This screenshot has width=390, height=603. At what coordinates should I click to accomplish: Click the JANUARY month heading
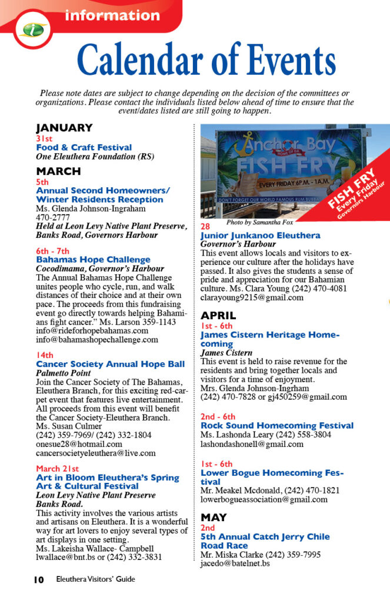tap(64, 128)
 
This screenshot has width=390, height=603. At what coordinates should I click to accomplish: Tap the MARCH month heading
tap(58, 171)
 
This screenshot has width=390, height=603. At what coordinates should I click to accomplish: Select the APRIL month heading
tap(218, 316)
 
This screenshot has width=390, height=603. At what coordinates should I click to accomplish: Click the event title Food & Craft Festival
tap(84, 147)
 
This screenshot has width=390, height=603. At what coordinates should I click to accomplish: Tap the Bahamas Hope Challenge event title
tap(94, 260)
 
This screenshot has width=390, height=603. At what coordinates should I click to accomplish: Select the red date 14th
tap(45, 355)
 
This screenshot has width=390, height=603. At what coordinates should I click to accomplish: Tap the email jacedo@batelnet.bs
tap(235, 564)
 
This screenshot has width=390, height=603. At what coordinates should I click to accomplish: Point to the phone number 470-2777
tap(53, 217)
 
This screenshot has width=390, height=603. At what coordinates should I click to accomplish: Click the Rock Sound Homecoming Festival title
tap(277, 425)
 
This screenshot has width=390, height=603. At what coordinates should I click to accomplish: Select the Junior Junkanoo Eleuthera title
tap(261, 236)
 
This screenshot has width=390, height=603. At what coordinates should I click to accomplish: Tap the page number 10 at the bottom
tap(38, 579)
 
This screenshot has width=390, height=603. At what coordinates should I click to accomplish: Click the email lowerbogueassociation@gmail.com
tap(264, 499)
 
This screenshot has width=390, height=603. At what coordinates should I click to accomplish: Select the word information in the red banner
tap(104, 16)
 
